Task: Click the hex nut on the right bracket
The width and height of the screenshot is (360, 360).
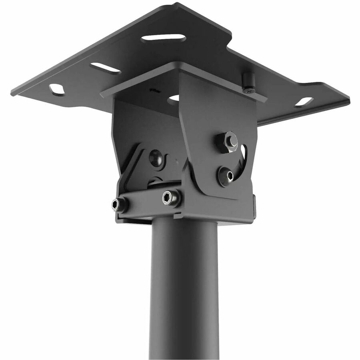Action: [228, 141]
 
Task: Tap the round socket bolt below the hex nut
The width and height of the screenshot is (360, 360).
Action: [225, 175]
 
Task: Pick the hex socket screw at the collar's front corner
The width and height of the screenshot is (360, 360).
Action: [171, 198]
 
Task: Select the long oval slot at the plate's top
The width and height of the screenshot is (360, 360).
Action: [163, 38]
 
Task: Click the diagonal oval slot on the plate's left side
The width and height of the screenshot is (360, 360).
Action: [105, 68]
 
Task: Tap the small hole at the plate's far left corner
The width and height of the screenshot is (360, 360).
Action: [57, 89]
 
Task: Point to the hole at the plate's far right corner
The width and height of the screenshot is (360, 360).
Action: [304, 102]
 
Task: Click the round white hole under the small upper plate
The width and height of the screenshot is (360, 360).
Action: [174, 98]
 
